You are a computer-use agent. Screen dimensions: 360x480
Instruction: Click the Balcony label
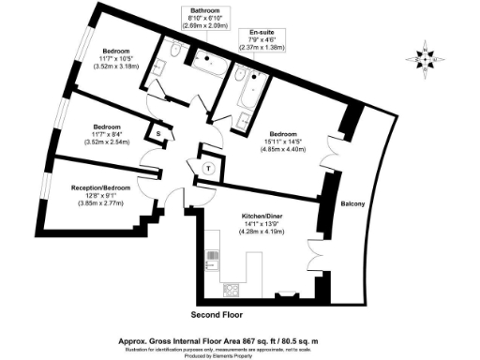coord(352,203)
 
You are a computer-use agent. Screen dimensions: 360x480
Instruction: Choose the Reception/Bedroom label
coord(98,188)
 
